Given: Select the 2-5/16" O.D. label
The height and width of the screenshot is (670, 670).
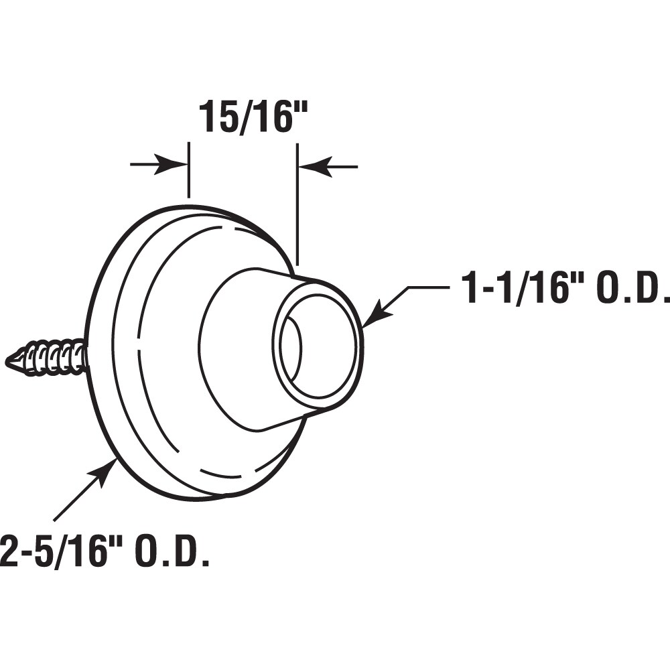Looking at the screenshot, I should (x=104, y=551).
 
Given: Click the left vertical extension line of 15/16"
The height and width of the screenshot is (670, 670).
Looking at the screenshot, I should (x=189, y=171).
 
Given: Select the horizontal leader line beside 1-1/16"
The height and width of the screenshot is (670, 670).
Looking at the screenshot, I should (x=429, y=287).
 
